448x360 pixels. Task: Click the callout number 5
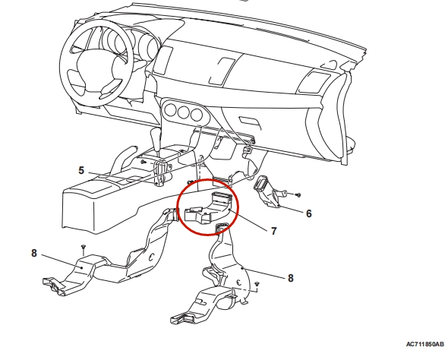(81, 170)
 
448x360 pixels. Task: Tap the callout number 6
(309, 213)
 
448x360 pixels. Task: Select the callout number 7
(274, 231)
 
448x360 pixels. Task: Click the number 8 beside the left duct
(34, 253)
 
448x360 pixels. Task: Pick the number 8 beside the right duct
(291, 278)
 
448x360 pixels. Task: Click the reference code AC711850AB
(425, 344)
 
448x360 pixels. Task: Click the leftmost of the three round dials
(170, 111)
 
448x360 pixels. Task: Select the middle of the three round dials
(183, 112)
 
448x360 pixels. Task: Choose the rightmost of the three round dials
(196, 115)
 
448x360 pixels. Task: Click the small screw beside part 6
(298, 195)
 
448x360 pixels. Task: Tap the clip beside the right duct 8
(257, 284)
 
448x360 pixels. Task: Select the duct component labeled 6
(269, 191)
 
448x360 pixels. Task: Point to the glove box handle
(249, 122)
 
